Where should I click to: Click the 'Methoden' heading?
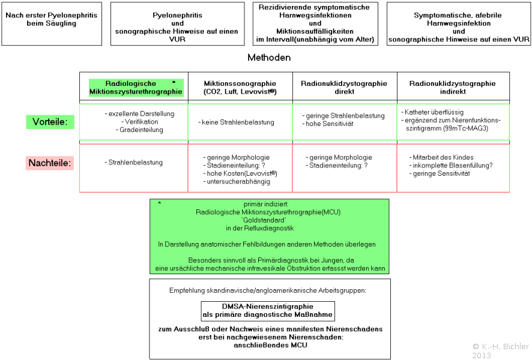(x=269, y=57)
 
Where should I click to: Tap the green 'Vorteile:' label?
(x=50, y=122)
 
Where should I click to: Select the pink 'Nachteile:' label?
(x=50, y=163)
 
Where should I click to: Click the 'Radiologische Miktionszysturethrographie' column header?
(x=136, y=88)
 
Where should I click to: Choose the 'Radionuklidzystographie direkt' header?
(x=344, y=88)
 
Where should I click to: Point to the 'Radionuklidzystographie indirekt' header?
(x=453, y=88)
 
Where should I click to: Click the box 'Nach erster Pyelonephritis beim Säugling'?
(x=52, y=24)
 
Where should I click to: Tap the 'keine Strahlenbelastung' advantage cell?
(x=236, y=122)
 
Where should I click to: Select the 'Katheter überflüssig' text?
(x=432, y=112)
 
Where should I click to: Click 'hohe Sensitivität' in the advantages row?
(x=328, y=124)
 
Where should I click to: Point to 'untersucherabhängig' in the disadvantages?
(x=237, y=182)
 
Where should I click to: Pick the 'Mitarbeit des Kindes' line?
(x=441, y=157)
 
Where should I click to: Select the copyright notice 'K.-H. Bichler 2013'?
(x=501, y=350)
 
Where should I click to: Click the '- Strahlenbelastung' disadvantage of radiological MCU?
(x=134, y=163)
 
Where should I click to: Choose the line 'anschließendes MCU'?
(x=270, y=345)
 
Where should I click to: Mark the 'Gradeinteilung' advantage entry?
(x=139, y=130)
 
